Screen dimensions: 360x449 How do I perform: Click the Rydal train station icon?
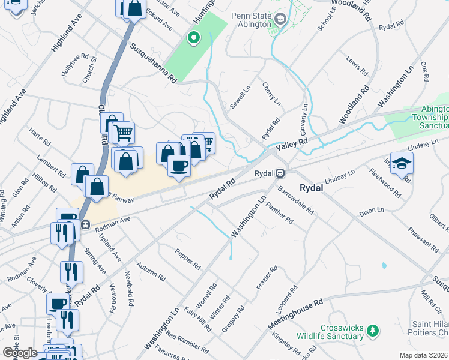280,173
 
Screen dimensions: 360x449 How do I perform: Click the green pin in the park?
193,38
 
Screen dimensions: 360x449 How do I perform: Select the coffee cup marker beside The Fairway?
178,164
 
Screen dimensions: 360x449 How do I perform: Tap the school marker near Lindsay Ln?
402,162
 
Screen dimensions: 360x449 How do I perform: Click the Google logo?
20,353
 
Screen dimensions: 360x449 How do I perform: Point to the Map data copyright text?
424,355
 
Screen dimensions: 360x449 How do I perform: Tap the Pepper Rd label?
188,257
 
